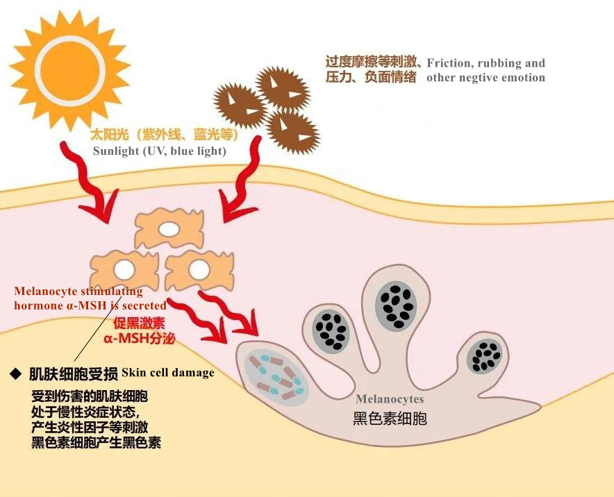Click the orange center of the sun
click(x=70, y=69)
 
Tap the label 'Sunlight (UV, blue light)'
click(x=159, y=151)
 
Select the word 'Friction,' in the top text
click(x=449, y=63)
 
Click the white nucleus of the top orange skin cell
click(x=169, y=229)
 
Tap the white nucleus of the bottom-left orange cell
click(x=124, y=269)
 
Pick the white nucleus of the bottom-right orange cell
click(x=199, y=269)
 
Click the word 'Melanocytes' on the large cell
click(x=390, y=400)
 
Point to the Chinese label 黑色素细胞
click(x=390, y=419)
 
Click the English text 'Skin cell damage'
click(x=168, y=372)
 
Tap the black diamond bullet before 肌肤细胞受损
click(x=16, y=374)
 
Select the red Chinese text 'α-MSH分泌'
click(x=139, y=339)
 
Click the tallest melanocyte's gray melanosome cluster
click(x=395, y=306)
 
